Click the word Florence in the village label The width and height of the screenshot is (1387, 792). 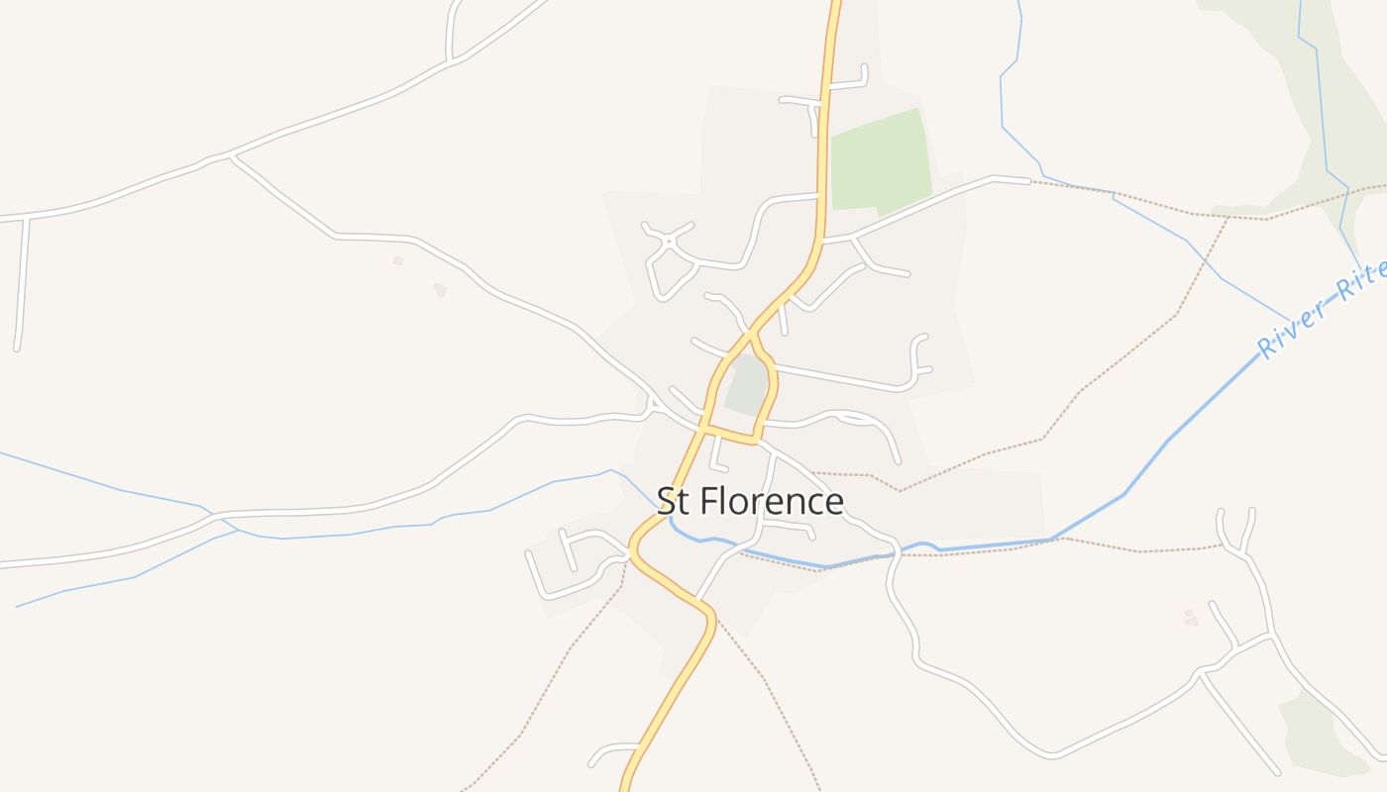(x=772, y=502)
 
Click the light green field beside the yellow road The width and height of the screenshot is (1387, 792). (x=880, y=160)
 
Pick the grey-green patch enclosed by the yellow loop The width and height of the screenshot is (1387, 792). (x=749, y=386)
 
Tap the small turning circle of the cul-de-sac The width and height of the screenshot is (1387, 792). (x=669, y=241)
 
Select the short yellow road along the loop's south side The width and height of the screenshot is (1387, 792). (x=731, y=436)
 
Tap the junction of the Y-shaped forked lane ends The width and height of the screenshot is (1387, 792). (x=1237, y=549)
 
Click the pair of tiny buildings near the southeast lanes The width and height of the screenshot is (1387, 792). (x=1190, y=617)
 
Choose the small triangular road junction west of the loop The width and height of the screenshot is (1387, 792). (x=652, y=405)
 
